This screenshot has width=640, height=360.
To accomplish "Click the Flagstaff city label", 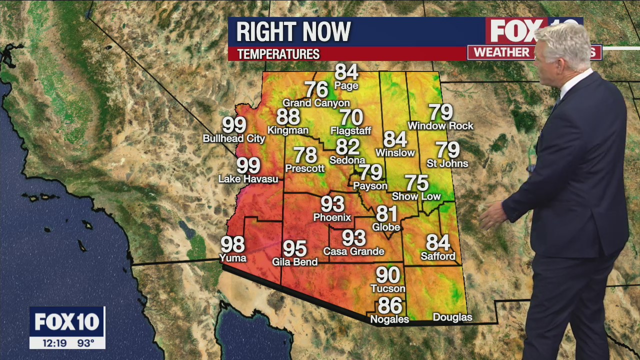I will click(351, 131).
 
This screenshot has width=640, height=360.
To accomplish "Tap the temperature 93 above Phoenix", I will click(332, 204).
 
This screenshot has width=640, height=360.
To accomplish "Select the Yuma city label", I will click(233, 258).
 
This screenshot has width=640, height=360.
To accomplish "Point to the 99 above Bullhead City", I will click(234, 125).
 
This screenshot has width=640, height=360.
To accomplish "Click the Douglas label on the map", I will click(452, 317).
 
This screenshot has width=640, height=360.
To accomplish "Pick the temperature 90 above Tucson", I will click(388, 275).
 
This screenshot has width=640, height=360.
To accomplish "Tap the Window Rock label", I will click(440, 126).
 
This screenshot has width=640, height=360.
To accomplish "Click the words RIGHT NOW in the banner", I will click(293, 32).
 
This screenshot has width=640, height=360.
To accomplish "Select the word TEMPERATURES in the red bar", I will click(278, 54).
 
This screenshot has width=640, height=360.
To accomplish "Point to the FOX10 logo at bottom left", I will click(67, 322).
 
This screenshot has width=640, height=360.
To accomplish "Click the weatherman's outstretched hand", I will click(493, 216).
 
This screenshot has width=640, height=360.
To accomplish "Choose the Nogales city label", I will click(389, 319).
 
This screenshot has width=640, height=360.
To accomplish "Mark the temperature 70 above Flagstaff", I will click(351, 117).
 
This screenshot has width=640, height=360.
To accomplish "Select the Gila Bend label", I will click(295, 261).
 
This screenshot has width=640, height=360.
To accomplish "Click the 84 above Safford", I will click(438, 243).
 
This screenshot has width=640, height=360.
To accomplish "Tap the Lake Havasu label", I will click(248, 178).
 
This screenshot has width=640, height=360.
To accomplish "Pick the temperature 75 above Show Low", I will click(416, 183).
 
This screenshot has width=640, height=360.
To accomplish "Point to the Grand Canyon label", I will click(316, 103).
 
